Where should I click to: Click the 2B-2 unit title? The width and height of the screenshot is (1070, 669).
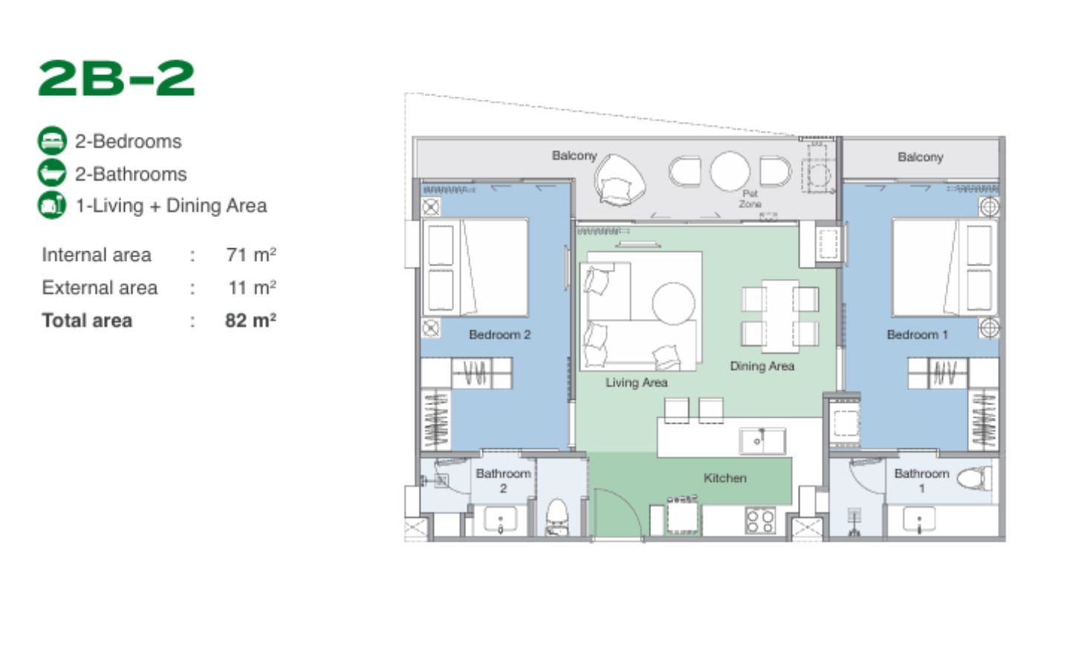click(116, 78)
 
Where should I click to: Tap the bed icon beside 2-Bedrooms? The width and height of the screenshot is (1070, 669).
click(52, 141)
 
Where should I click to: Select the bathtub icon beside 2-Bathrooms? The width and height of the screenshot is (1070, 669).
click(52, 173)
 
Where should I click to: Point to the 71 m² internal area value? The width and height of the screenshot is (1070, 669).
click(251, 254)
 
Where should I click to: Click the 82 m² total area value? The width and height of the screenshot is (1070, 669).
click(251, 320)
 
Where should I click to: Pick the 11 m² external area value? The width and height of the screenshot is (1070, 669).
click(252, 287)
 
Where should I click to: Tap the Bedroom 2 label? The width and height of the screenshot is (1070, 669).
click(499, 334)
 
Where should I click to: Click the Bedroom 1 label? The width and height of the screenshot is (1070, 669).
click(917, 334)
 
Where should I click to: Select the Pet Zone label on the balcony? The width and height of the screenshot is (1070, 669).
click(750, 198)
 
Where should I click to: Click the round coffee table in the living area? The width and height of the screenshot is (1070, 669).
click(673, 303)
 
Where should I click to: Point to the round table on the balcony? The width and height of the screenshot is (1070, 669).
click(730, 171)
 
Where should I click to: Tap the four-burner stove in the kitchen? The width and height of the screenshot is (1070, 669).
click(760, 520)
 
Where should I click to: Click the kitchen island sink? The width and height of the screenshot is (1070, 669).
click(762, 441)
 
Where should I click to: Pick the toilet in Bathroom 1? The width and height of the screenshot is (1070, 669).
click(973, 479)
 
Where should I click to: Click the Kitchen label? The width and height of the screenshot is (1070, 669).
click(724, 478)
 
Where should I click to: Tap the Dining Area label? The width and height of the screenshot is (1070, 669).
click(762, 366)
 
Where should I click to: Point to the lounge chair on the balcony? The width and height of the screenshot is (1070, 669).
click(619, 180)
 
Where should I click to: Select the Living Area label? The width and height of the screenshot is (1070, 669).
click(636, 382)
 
